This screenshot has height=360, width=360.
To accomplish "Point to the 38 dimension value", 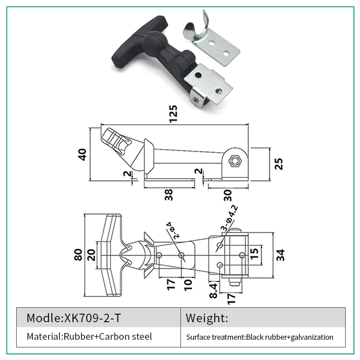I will pos(169,194).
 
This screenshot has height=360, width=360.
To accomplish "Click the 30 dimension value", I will pos(227,195).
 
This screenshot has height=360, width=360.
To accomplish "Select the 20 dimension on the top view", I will pos(91,255).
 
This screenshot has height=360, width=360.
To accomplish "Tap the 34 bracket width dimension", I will pos(280,255).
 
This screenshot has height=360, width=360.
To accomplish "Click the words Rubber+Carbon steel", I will pos(108,336).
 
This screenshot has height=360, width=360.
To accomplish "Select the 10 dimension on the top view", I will pos(188,284).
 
